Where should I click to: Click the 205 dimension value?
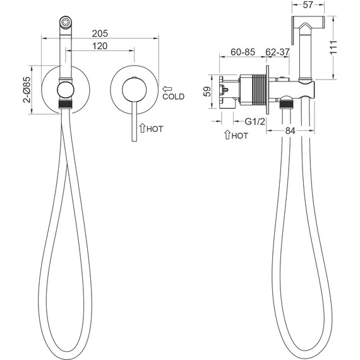[100, 33]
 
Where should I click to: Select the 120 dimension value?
[100, 46]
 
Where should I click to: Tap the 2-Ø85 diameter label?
[27, 90]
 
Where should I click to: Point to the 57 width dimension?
[308, 5]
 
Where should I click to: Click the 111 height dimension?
[333, 47]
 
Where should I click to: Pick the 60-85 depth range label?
[243, 52]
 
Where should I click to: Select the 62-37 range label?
[277, 52]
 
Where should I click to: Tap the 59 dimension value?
[208, 92]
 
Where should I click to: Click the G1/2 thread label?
[255, 121]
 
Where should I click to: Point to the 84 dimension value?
[290, 131]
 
